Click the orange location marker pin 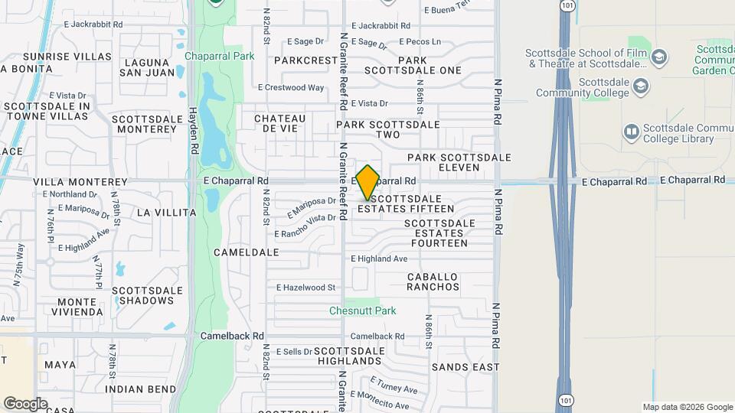coord(367,182)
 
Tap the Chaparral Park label coord(219,57)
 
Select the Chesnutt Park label coord(362,311)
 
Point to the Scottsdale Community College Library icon coord(631,132)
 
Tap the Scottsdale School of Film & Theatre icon coord(658,57)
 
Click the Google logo coord(25,403)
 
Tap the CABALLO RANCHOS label coord(433,281)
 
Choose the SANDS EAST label coord(465,367)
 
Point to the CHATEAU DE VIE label coord(279,123)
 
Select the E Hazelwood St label coord(306,288)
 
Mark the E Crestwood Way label coord(291,87)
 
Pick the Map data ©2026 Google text coord(687,407)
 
